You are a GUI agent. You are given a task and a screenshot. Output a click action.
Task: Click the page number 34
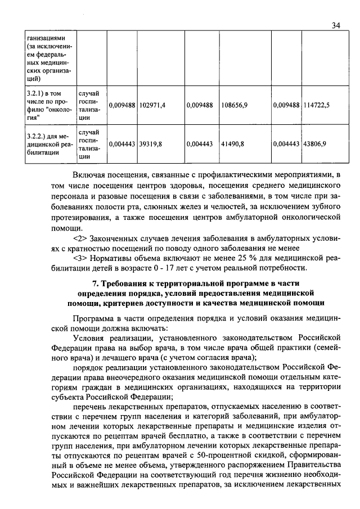coord(336,25)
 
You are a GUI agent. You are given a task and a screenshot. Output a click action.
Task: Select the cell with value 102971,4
coord(152,105)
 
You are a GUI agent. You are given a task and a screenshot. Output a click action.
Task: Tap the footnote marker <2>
coord(81,238)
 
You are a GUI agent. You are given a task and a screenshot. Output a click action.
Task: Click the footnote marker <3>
coord(81,258)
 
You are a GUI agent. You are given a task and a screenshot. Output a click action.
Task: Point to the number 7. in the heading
coord(96,283)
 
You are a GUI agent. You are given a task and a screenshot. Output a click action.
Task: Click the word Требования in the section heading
coord(128,283)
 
